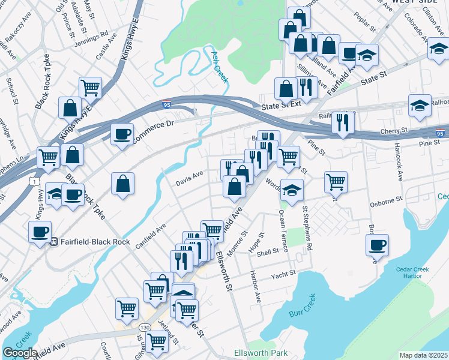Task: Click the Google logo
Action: tap(20, 353)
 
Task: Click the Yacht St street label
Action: tap(283, 275)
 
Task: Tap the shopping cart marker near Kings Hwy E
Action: tap(90, 88)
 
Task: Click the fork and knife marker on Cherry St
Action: tap(343, 122)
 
